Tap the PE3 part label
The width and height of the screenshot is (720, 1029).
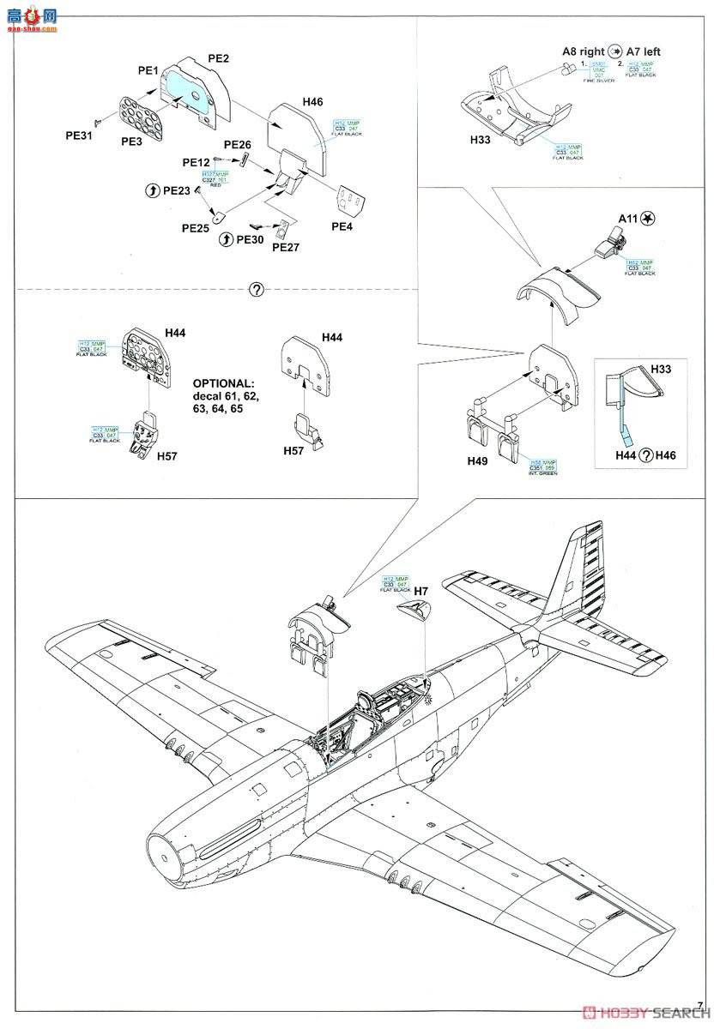tap(132, 142)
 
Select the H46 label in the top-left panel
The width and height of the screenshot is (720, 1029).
tap(312, 102)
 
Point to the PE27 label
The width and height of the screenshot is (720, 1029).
tap(286, 247)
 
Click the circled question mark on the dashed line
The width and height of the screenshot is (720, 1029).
tap(255, 289)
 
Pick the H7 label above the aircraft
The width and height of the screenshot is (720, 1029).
tap(421, 591)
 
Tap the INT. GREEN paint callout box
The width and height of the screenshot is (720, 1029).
tap(543, 466)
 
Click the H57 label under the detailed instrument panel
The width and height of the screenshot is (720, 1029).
tap(167, 456)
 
